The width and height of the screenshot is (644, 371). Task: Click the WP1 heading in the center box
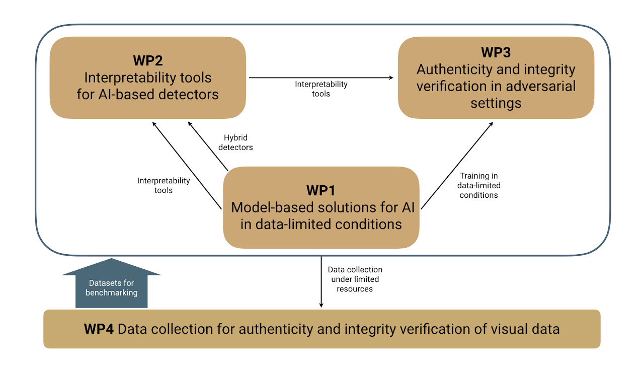(320, 190)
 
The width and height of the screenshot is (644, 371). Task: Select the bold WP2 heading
(147, 60)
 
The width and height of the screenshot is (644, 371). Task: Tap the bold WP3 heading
(496, 52)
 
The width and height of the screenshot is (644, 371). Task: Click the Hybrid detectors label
(236, 142)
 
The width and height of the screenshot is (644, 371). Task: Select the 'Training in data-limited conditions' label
(479, 185)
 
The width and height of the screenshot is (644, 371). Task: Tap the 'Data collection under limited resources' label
(355, 279)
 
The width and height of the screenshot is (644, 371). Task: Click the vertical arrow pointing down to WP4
(321, 282)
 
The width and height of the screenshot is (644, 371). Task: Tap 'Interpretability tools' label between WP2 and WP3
(321, 89)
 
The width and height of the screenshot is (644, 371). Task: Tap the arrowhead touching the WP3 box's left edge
(390, 78)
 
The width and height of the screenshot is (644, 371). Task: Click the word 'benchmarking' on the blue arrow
(111, 292)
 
